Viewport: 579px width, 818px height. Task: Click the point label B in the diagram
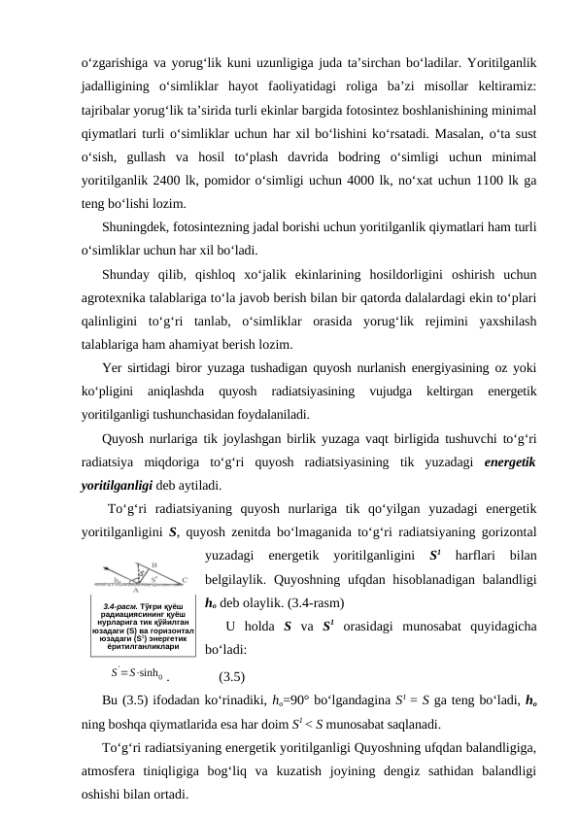[154, 563]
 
